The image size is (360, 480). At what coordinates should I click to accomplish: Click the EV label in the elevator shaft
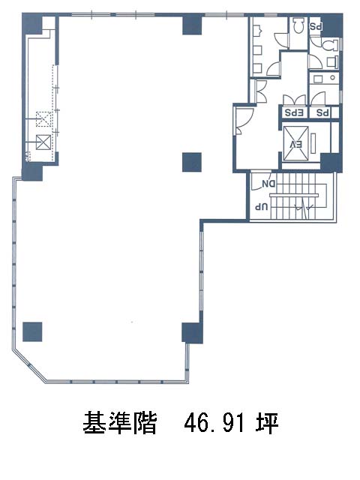coord(296,145)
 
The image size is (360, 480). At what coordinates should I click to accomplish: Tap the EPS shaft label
coord(294,112)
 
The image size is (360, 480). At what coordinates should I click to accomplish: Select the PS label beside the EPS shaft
coord(322,112)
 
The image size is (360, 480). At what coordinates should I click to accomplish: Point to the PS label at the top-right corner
coord(315,27)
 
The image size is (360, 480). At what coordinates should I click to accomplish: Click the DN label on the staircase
coord(268,184)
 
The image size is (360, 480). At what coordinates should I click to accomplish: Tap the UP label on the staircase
coord(262,207)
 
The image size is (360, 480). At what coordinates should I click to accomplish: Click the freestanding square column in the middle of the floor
coord(192,162)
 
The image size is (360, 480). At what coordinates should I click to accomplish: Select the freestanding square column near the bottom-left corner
coord(32,331)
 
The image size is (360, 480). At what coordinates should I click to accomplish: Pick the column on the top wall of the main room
coord(192,25)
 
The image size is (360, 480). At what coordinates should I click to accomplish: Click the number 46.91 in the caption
coord(214,422)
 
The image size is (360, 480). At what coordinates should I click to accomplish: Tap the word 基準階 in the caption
coord(120,422)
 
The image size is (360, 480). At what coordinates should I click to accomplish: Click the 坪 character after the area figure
coord(267,422)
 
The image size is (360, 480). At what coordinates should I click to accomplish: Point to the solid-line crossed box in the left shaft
coord(43,142)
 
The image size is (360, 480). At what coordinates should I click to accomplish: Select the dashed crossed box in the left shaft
coord(43,119)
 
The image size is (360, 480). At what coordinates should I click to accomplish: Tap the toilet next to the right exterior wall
coord(328,45)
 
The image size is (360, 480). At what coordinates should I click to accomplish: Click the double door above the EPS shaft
coord(294,100)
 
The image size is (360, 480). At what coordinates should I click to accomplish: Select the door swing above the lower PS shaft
coord(318,99)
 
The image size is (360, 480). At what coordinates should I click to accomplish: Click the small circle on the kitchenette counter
coord(333,78)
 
